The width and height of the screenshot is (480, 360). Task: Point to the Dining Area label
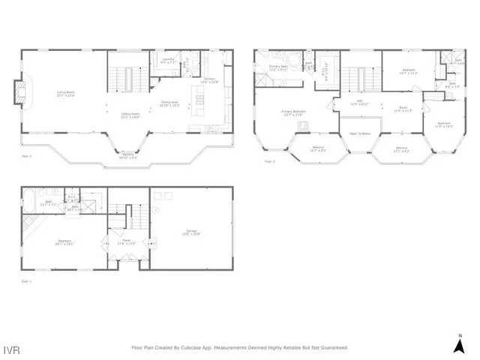click(x=169, y=104)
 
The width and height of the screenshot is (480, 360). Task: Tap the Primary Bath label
click(x=279, y=67)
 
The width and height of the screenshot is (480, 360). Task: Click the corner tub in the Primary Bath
click(x=295, y=60)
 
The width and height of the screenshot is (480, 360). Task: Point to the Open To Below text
click(x=360, y=133)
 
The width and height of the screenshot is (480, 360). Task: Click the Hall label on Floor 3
click(x=359, y=102)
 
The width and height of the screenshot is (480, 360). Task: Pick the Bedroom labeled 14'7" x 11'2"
click(x=407, y=72)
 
